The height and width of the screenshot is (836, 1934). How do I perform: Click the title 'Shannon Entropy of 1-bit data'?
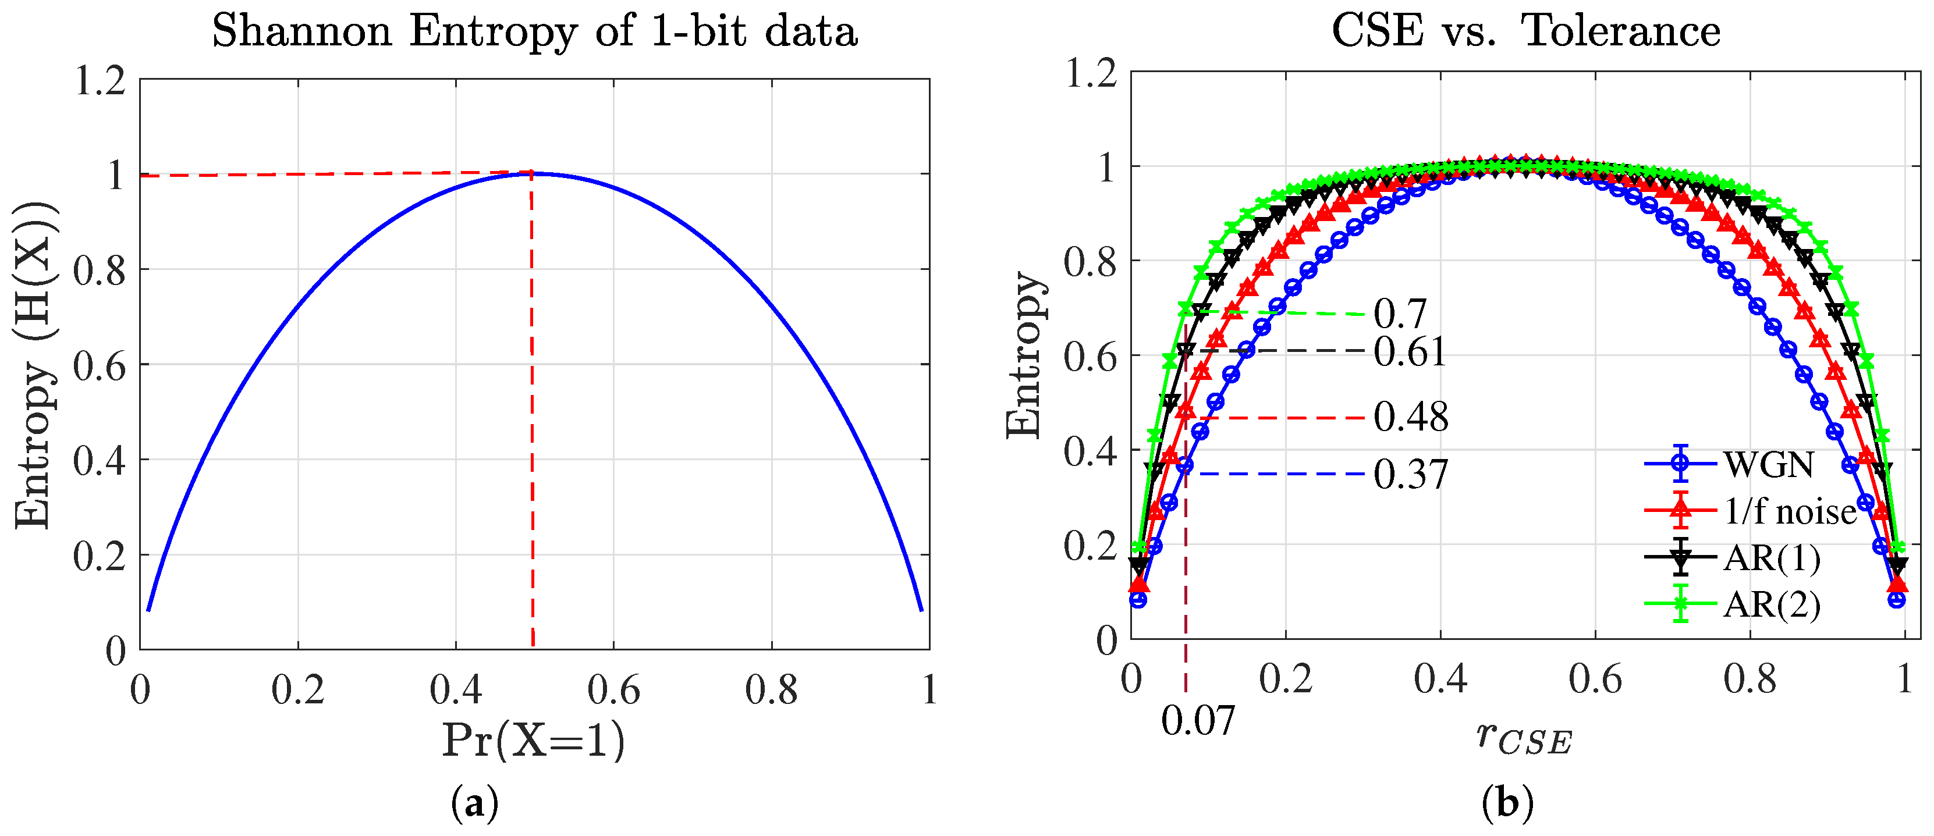pyautogui.click(x=534, y=31)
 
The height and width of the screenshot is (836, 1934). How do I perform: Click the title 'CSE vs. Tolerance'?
pyautogui.click(x=1525, y=31)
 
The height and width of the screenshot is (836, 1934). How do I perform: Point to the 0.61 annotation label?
pyautogui.click(x=1409, y=352)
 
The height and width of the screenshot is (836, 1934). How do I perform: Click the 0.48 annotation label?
pyautogui.click(x=1411, y=417)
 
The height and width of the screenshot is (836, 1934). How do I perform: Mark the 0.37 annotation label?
pyautogui.click(x=1411, y=474)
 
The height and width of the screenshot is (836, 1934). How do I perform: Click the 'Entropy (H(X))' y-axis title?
pyautogui.click(x=34, y=365)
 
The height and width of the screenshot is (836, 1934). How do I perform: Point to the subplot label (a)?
pyautogui.click(x=474, y=804)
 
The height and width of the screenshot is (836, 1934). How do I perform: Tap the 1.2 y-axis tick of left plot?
pyautogui.click(x=100, y=80)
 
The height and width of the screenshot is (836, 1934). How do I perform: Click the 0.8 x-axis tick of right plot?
pyautogui.click(x=1750, y=679)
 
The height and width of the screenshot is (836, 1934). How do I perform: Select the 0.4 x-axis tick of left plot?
pyautogui.click(x=456, y=689)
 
